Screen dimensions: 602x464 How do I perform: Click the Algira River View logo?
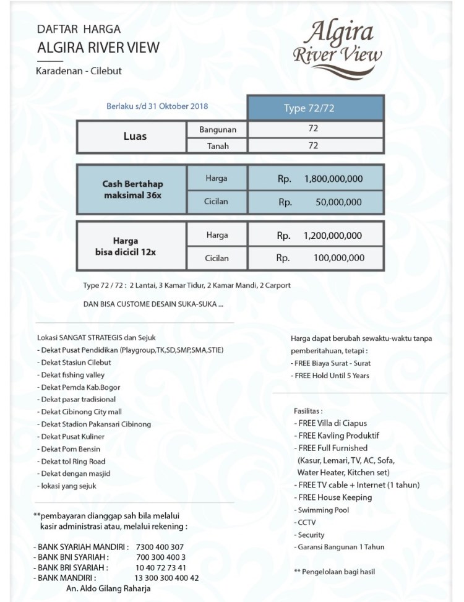click(337, 41)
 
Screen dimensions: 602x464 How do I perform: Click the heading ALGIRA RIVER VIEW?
click(98, 48)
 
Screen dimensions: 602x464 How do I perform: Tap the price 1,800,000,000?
click(333, 179)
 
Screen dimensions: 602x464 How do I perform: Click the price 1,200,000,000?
click(333, 236)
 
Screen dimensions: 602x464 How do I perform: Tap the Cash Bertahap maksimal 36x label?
click(132, 189)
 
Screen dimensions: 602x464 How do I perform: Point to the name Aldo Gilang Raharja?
click(108, 588)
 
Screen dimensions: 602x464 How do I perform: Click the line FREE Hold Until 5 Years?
click(332, 376)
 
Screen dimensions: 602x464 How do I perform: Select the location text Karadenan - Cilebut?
click(79, 71)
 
